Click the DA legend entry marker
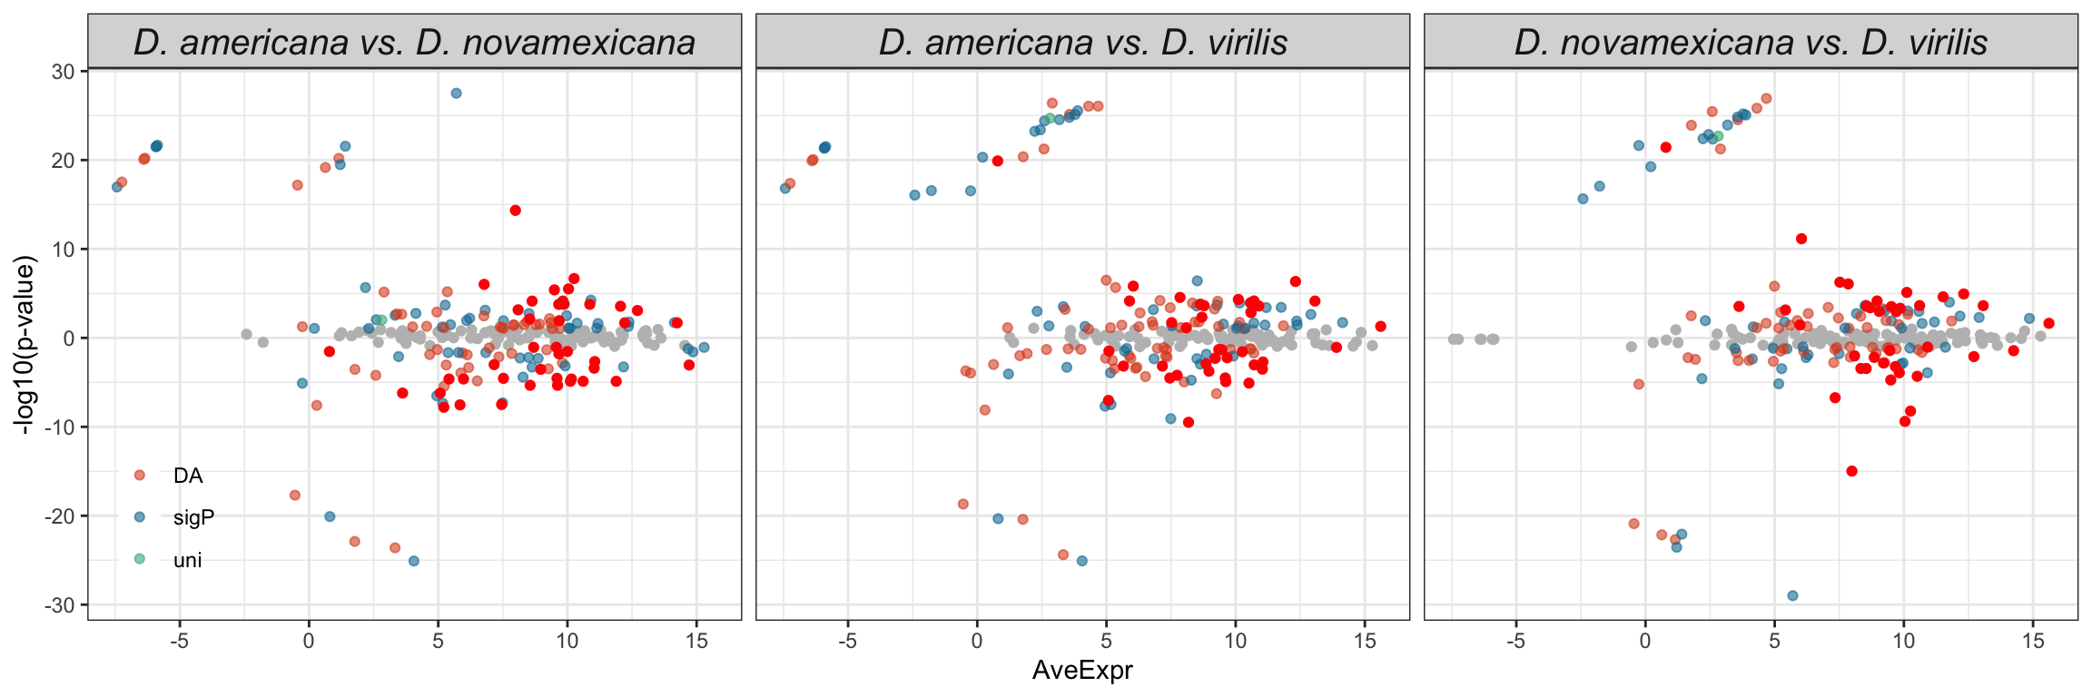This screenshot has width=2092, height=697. [x=139, y=475]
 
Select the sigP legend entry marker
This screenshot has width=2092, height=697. [x=139, y=516]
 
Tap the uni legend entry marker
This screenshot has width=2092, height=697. [x=139, y=559]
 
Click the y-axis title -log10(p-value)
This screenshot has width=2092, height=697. [x=26, y=345]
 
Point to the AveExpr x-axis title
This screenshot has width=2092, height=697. [x=1082, y=671]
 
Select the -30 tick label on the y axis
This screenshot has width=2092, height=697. [x=60, y=604]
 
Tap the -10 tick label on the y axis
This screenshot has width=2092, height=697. [x=60, y=427]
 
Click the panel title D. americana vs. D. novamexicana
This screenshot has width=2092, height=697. [x=414, y=42]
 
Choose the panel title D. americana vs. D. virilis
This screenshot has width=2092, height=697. [x=1082, y=42]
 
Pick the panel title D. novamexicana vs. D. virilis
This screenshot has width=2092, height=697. [x=1751, y=42]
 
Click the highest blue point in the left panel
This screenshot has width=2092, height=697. [x=456, y=93]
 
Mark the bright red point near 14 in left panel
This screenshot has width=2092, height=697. [x=515, y=211]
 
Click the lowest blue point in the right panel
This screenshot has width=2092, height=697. [x=1792, y=595]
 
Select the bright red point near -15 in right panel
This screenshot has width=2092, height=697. [x=1851, y=471]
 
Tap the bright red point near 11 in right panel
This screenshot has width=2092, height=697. [x=1801, y=239]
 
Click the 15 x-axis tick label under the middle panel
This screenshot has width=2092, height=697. [x=1365, y=642]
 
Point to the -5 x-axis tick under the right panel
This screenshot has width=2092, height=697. [x=1515, y=642]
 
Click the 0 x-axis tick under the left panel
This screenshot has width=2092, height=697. [x=309, y=642]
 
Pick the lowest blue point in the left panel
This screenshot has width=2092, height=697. [x=413, y=561]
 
